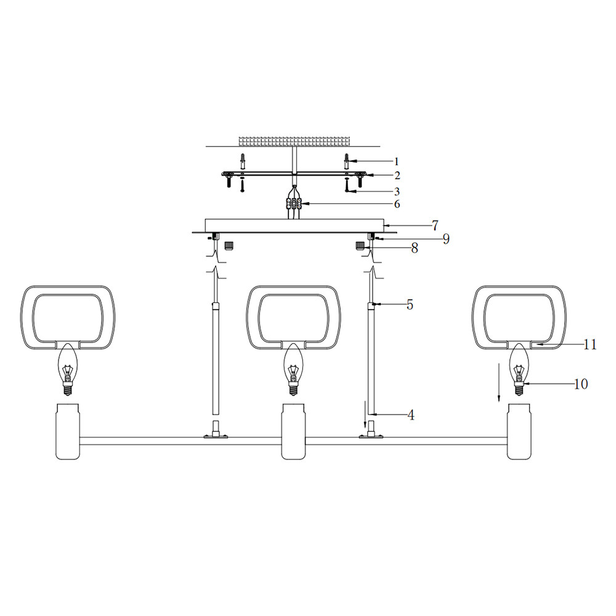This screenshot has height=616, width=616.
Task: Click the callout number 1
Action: [x=396, y=161]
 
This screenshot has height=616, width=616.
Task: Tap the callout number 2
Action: [x=397, y=176]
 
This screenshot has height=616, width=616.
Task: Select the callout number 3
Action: [x=397, y=192]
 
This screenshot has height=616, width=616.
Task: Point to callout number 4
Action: [x=411, y=415]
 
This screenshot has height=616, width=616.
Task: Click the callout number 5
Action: [x=410, y=304]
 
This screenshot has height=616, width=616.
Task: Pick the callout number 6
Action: [x=397, y=205]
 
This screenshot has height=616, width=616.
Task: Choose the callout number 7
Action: [x=435, y=225]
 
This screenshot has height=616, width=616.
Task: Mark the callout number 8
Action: [x=415, y=248]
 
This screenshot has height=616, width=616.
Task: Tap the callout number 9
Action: [x=446, y=239]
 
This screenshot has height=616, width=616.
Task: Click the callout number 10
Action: [x=581, y=384]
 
